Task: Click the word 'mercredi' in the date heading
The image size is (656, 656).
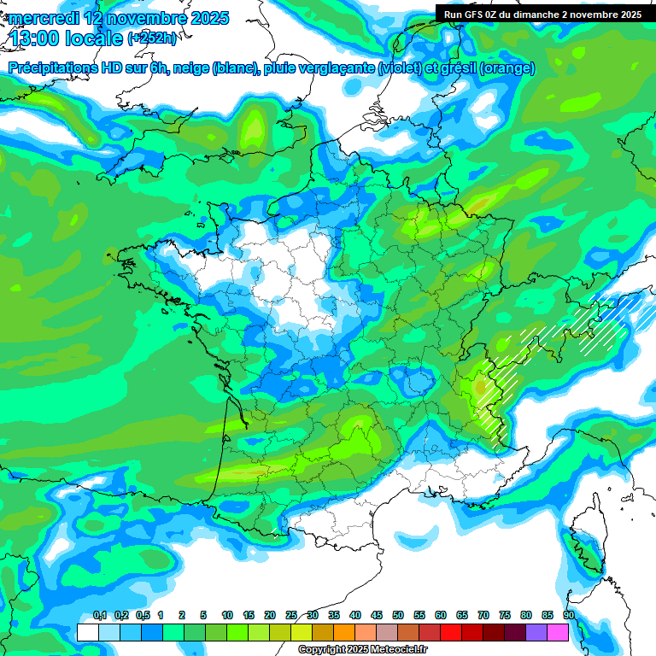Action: click(38, 18)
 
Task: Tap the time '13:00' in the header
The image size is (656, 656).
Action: click(33, 38)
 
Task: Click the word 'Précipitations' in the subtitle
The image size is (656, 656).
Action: click(50, 68)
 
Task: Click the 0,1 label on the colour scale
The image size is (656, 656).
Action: click(100, 615)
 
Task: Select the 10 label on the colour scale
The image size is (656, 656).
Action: click(227, 615)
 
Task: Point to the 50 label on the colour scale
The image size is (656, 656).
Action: click(398, 615)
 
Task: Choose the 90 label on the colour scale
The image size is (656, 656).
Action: click(568, 615)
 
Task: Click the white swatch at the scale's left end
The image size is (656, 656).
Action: click(87, 632)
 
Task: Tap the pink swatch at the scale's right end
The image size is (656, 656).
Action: click(558, 632)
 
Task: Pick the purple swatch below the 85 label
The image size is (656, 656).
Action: click(536, 632)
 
